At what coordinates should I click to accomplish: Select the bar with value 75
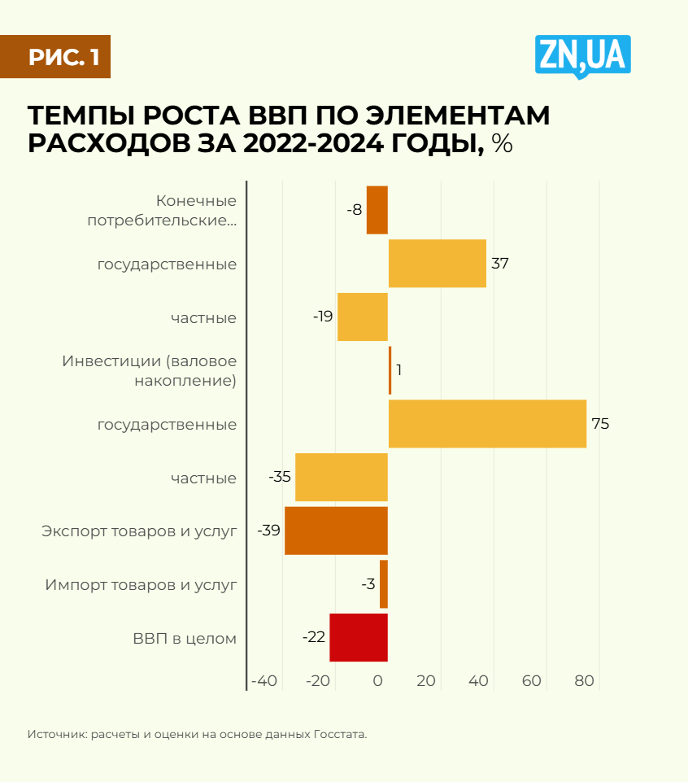tap(487, 424)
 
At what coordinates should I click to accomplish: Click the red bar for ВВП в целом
tap(358, 637)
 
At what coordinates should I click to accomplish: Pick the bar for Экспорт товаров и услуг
tap(336, 531)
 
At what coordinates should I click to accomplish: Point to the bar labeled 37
tap(437, 264)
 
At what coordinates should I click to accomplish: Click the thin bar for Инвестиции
tap(390, 370)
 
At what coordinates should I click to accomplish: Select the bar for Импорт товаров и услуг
tap(384, 584)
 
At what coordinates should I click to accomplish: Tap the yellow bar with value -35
tap(341, 478)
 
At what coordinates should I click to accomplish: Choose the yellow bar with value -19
tap(362, 317)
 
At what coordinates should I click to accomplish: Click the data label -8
tap(354, 210)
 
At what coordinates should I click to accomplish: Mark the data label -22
tap(314, 637)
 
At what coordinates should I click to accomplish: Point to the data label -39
tap(268, 531)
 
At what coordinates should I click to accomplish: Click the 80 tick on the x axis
tap(585, 681)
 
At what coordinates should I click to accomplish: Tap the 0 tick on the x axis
tap(378, 681)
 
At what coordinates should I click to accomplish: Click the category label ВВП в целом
tap(185, 638)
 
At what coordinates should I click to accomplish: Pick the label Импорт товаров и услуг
tap(141, 584)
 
